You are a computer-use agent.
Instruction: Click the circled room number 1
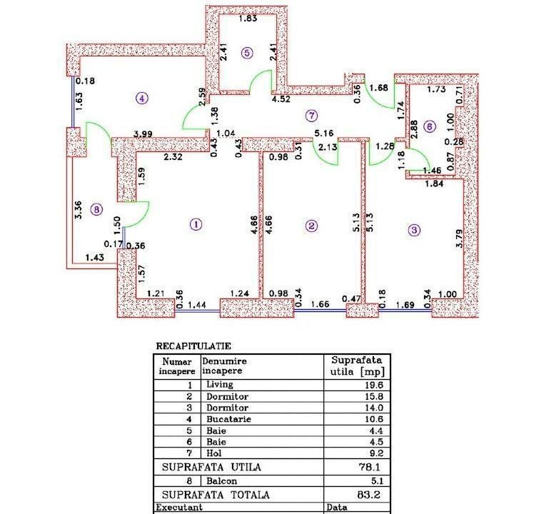pos(196,224)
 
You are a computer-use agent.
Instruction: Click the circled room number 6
pos(428,126)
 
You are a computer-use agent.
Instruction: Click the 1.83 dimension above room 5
pos(248,19)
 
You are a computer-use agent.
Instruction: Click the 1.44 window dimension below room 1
pos(196,306)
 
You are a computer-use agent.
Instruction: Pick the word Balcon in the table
pos(221,480)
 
